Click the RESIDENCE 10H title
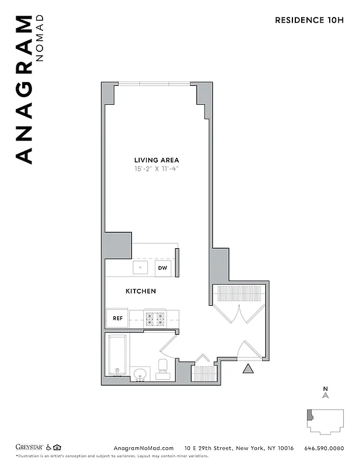[309, 20]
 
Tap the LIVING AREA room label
[157, 160]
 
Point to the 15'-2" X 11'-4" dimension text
[157, 170]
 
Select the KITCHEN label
[141, 291]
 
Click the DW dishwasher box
[163, 269]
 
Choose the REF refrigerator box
[117, 319]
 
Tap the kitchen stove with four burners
[156, 319]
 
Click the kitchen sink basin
[140, 268]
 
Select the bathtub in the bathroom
[118, 356]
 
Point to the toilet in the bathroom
[163, 369]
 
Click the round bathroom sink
[140, 374]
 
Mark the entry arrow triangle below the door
[248, 369]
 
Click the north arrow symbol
[326, 396]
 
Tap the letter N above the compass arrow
[326, 388]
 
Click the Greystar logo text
[29, 447]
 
